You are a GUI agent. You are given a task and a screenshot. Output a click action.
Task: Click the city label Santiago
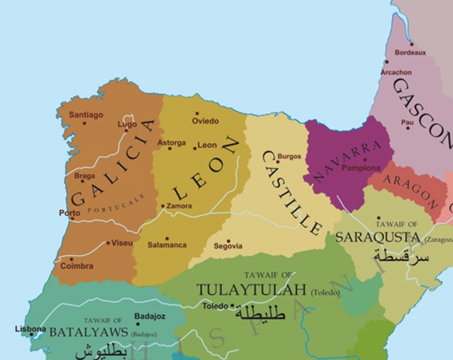click(x=85, y=115)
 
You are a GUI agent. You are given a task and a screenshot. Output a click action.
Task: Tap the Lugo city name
click(x=127, y=124)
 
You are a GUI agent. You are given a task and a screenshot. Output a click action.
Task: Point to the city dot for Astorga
click(x=170, y=148)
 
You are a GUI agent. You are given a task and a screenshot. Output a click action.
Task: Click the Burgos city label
click(x=289, y=156)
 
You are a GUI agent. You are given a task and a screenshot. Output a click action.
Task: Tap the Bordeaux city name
click(x=410, y=52)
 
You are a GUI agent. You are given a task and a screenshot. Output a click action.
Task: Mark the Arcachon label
click(x=396, y=72)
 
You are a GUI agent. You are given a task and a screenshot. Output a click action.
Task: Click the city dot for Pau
click(x=408, y=127)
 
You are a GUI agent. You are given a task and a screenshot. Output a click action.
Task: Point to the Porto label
click(x=70, y=213)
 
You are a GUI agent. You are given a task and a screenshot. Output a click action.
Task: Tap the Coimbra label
click(x=77, y=266)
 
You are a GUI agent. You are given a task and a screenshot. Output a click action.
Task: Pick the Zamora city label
click(x=178, y=205)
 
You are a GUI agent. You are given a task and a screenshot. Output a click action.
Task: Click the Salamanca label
click(x=166, y=245)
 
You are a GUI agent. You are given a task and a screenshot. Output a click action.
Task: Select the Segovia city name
click(x=228, y=245)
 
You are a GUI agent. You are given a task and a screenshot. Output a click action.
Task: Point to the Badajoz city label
click(x=148, y=316)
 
